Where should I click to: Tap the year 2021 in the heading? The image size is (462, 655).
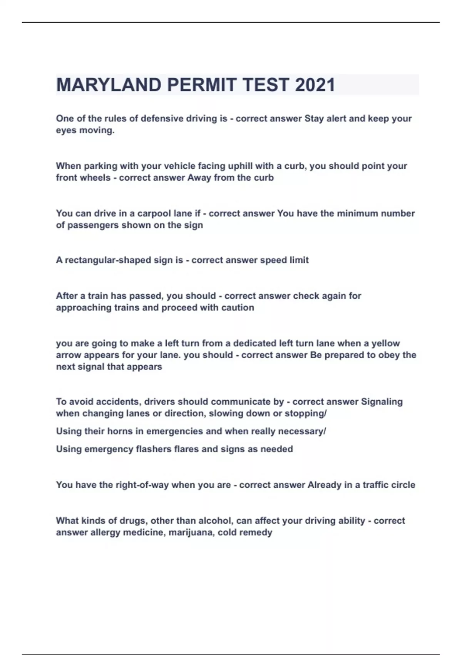tap(315, 85)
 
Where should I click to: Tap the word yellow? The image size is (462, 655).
tap(385, 343)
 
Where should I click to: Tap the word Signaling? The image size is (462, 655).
tap(382, 402)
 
